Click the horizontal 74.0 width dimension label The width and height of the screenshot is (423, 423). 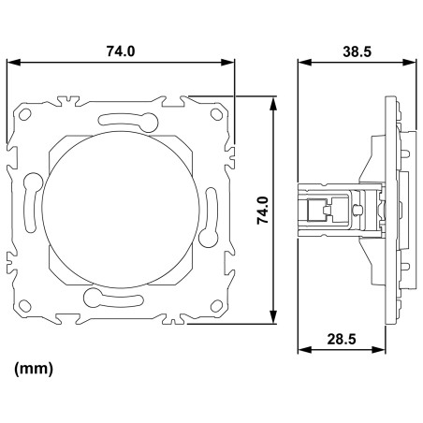point(121,51)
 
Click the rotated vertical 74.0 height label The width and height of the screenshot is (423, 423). point(263,210)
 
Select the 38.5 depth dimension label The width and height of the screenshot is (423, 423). point(357,51)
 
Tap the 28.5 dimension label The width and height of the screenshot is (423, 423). point(342,339)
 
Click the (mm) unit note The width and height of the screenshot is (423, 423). point(34,369)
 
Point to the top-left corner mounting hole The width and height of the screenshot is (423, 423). point(25,114)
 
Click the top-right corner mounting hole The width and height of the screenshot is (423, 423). point(216,114)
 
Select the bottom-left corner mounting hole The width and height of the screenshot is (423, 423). point(25,306)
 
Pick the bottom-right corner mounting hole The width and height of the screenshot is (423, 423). point(216,306)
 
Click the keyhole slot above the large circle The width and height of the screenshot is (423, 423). point(128,121)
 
